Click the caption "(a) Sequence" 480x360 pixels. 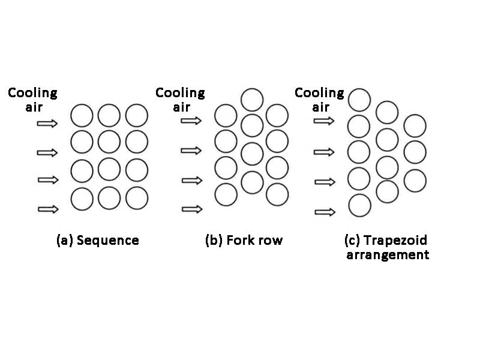97,241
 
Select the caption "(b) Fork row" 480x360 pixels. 244,241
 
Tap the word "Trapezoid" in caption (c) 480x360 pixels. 399,240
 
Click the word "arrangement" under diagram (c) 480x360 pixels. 388,255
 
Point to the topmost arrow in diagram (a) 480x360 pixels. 47,124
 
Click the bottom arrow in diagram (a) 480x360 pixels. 47,209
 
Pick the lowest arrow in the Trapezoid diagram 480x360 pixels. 325,212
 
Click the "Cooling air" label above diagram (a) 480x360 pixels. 32,100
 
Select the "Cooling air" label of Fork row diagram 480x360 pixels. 179,100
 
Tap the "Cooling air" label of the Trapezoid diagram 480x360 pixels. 319,100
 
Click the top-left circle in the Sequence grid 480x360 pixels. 82,115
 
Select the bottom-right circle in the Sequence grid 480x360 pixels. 137,198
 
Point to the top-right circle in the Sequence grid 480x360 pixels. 137,115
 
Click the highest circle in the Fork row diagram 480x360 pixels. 253,100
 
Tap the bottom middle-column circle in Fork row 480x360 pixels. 253,182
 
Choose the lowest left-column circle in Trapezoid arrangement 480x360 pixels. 359,205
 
